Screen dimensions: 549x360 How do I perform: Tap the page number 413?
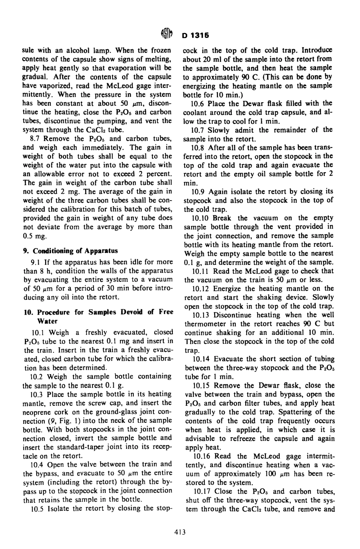point(180,532)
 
